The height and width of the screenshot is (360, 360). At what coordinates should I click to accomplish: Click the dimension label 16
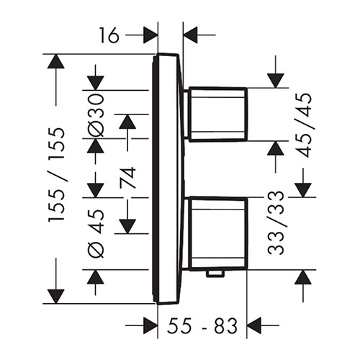click(x=109, y=35)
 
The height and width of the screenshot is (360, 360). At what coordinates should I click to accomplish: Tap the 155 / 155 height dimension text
click(x=57, y=175)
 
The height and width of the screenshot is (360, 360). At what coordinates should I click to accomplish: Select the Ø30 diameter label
click(x=96, y=115)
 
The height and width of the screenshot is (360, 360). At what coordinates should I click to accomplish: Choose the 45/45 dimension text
click(x=304, y=125)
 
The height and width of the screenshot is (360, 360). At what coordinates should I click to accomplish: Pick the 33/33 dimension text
click(x=275, y=222)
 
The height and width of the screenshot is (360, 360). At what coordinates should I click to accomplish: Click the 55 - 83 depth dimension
click(x=202, y=325)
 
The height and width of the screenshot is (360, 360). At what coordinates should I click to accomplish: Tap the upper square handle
click(x=218, y=114)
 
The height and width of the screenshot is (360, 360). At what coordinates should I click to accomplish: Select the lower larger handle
click(x=218, y=234)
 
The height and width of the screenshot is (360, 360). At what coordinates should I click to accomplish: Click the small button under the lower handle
click(x=216, y=274)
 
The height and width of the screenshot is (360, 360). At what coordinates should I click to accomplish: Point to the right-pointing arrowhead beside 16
click(x=150, y=35)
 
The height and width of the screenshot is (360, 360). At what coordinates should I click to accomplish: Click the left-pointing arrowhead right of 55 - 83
click(x=253, y=325)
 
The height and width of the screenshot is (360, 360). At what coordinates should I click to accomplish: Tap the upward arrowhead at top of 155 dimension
click(x=56, y=62)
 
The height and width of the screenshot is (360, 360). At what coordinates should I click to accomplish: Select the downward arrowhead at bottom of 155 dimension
click(x=56, y=297)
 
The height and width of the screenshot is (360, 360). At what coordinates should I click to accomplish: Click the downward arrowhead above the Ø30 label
click(x=96, y=83)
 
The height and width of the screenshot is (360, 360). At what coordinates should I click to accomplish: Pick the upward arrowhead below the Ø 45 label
click(x=96, y=277)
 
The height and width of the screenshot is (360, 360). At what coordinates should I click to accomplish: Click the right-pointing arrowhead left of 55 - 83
click(x=150, y=325)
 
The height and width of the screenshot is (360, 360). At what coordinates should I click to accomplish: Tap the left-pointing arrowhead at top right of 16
click(x=190, y=35)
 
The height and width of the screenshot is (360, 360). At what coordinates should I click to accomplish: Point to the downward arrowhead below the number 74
click(x=127, y=226)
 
